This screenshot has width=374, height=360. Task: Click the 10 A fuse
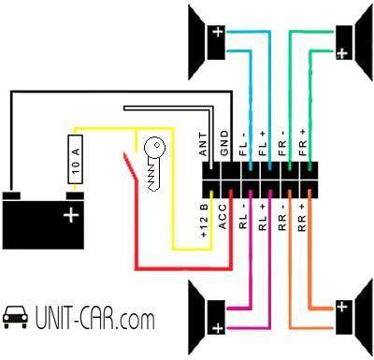click(75, 159)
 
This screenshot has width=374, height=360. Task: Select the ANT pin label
click(203, 144)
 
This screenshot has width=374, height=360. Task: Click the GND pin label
click(224, 143)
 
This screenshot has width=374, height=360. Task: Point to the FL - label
click(243, 144)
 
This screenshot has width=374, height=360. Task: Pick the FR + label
click(302, 143)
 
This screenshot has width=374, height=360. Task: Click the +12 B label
click(205, 221)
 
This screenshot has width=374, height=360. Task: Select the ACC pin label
click(223, 217)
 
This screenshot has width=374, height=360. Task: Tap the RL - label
click(243, 217)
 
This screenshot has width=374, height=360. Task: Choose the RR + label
click(302, 218)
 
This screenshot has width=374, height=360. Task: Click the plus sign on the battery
click(71, 215)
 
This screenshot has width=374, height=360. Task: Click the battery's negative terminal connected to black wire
click(11, 196)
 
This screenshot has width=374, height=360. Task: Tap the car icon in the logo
click(15, 317)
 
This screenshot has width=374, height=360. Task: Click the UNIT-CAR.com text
click(94, 319)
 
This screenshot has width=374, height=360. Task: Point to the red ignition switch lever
click(130, 166)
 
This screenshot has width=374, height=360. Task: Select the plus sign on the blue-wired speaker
click(218, 32)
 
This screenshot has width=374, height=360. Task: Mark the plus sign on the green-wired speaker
click(342, 53)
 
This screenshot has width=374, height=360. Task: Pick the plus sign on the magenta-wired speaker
click(218, 328)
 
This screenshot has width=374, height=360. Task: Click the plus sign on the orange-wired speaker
click(342, 307)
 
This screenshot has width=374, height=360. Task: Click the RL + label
click(263, 217)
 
